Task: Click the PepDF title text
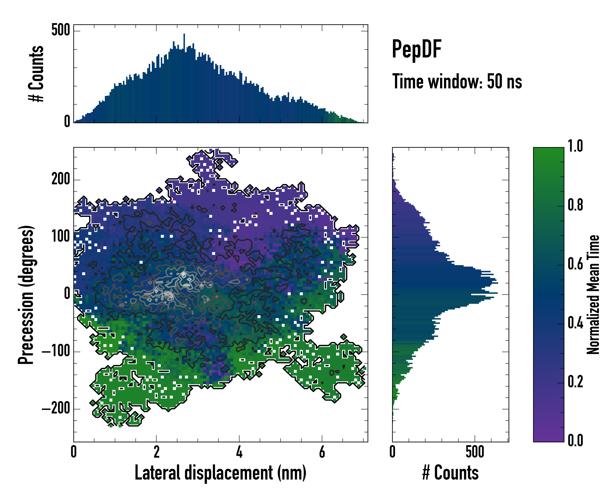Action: click(x=416, y=49)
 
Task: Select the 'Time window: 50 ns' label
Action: click(x=457, y=81)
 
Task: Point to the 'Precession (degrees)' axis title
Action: click(x=26, y=294)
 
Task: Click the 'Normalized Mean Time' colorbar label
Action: click(x=593, y=294)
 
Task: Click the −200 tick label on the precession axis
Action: click(x=56, y=409)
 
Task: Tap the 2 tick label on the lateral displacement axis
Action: click(x=156, y=452)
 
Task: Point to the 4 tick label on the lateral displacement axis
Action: click(x=239, y=452)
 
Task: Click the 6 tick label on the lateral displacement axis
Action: click(x=322, y=452)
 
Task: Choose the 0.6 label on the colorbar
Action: click(x=575, y=264)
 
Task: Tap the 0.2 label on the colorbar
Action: click(x=575, y=382)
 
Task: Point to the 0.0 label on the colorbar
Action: click(x=575, y=440)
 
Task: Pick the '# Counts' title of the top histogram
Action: click(x=36, y=74)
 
